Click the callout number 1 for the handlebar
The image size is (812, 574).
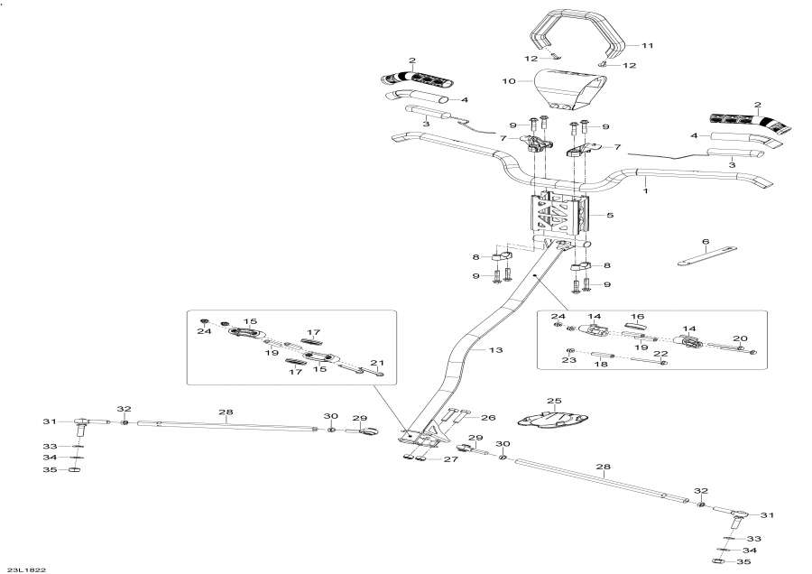[645, 191]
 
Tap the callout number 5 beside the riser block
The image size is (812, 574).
[610, 216]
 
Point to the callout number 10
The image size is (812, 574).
[507, 80]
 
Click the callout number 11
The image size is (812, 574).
[646, 44]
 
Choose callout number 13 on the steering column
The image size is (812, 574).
[494, 349]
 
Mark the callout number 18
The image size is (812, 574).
[595, 366]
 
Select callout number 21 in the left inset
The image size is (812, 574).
[378, 363]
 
